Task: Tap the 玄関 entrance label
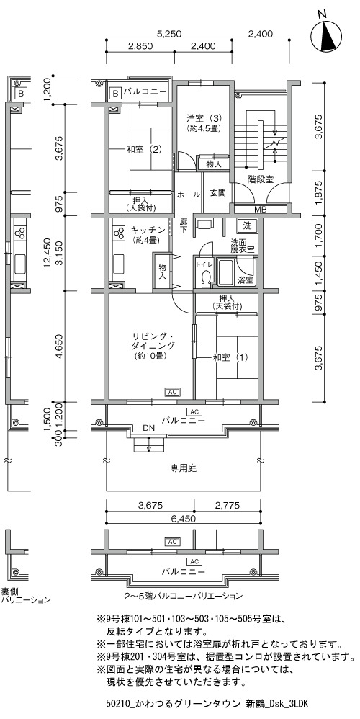[x=217, y=194]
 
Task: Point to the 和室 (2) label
[x=144, y=148]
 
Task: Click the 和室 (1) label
[x=230, y=357]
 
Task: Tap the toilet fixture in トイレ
[x=205, y=277]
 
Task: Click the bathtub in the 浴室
[x=225, y=273]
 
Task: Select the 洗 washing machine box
[x=247, y=226]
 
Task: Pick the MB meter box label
[x=260, y=210]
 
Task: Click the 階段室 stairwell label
[x=260, y=179]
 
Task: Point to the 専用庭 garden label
[x=184, y=468]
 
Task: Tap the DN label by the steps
[x=148, y=428]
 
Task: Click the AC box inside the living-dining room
[x=172, y=392]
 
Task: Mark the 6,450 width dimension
[x=183, y=519]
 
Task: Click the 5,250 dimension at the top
[x=169, y=34]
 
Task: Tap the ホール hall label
[x=188, y=195]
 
